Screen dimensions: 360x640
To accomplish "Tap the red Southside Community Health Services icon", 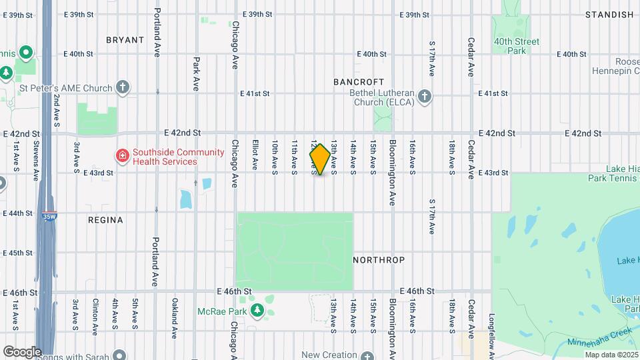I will tap(122, 157).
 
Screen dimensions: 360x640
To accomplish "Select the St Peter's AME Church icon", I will tap(122, 87).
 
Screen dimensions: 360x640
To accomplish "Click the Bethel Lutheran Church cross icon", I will tap(425, 97).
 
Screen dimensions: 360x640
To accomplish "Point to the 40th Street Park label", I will tap(516, 46).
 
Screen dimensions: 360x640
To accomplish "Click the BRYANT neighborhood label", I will tap(125, 40).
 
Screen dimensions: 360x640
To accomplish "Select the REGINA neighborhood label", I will tap(105, 220).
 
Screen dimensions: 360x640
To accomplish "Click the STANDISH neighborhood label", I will tap(609, 15).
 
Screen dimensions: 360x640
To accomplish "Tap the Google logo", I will tap(21, 351).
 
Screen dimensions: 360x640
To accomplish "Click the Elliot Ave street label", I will tap(255, 155).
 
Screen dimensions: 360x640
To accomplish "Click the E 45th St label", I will tap(17, 253).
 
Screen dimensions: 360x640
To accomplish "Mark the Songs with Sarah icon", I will tap(119, 356).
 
